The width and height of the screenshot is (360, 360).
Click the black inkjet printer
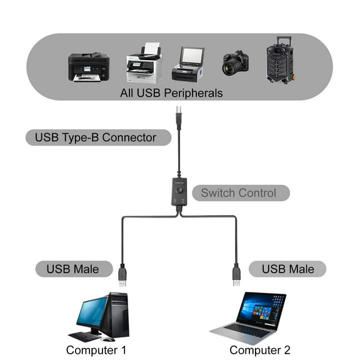89,67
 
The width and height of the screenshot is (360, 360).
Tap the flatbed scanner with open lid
187,64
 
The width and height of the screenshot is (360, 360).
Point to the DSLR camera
235,63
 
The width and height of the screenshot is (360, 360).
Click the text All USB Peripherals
171,93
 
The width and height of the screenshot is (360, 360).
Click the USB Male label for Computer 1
72,269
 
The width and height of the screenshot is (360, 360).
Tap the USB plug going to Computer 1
122,275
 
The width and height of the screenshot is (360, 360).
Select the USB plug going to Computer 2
236,275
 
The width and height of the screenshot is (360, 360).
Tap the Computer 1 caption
96,350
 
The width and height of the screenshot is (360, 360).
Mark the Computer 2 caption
260,350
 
